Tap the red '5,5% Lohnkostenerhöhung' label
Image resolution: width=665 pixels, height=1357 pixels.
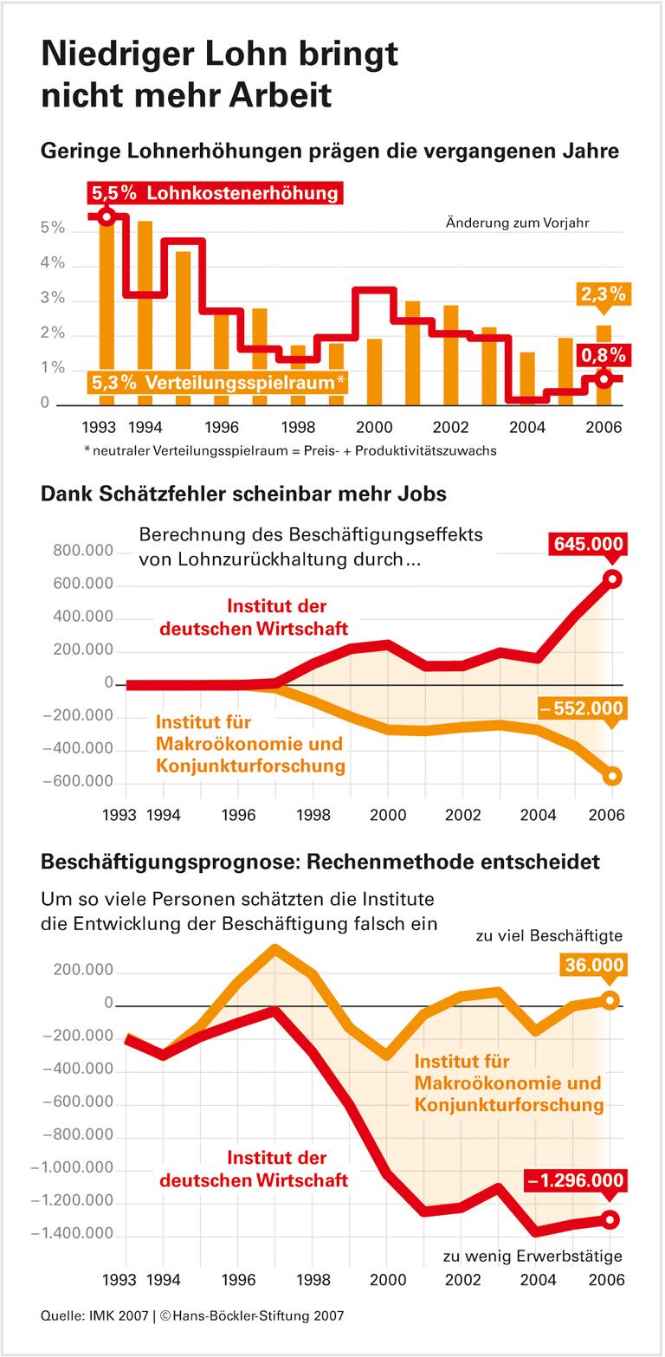pyautogui.click(x=216, y=192)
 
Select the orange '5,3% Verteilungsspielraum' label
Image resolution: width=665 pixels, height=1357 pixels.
pyautogui.click(x=217, y=382)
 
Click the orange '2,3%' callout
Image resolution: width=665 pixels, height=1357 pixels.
pyautogui.click(x=604, y=294)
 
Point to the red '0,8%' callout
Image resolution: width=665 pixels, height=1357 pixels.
pyautogui.click(x=604, y=355)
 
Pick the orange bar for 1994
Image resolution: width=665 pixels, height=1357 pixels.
pyautogui.click(x=145, y=312)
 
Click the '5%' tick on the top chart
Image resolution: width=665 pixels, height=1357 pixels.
pyautogui.click(x=53, y=228)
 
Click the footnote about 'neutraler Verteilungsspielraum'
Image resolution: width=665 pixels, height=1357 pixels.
pyautogui.click(x=290, y=450)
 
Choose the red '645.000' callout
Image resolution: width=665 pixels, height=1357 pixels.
pyautogui.click(x=586, y=544)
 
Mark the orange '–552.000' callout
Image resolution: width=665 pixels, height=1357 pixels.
pyautogui.click(x=581, y=708)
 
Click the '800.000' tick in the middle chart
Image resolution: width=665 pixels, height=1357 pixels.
pyautogui.click(x=83, y=551)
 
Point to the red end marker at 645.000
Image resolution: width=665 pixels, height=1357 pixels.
pyautogui.click(x=612, y=579)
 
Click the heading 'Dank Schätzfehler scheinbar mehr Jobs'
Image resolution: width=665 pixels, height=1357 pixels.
pyautogui.click(x=243, y=494)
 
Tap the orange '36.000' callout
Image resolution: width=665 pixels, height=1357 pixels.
pyautogui.click(x=593, y=965)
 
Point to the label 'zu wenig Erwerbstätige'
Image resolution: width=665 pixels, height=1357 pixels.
pyautogui.click(x=533, y=1256)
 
